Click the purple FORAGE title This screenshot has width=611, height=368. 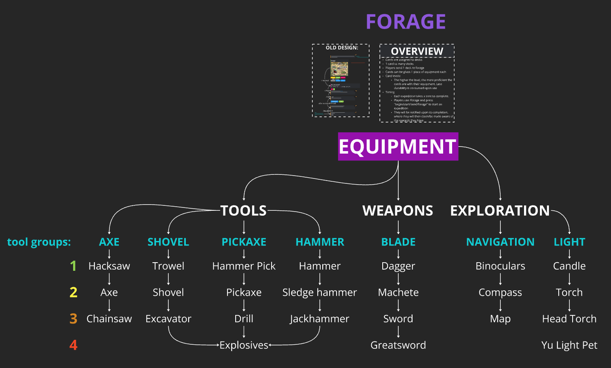[406, 22]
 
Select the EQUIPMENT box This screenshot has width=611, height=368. [398, 147]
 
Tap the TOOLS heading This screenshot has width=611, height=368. [243, 211]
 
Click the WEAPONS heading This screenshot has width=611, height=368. [398, 211]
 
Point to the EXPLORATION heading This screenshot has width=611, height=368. [500, 211]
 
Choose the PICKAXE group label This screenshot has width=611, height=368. [244, 242]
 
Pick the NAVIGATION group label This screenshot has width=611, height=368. [500, 242]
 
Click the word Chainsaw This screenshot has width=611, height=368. [109, 319]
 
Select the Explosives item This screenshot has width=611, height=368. [244, 345]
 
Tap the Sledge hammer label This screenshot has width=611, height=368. [319, 292]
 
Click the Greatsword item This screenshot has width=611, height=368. [398, 345]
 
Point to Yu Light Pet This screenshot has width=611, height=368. [569, 345]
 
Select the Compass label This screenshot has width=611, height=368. [500, 292]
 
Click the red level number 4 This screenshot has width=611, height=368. [74, 345]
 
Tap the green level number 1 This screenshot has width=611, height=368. [74, 266]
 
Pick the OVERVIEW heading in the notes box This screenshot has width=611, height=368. [417, 51]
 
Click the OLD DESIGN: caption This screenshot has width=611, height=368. [342, 48]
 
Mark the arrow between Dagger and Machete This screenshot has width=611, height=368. [398, 279]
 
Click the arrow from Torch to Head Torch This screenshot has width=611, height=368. [569, 306]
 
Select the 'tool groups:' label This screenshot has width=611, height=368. [39, 242]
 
